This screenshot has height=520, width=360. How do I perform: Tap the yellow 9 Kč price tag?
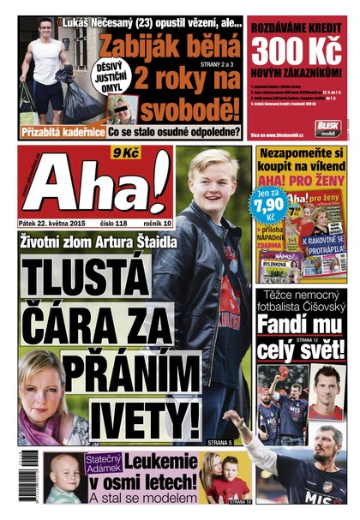click(126, 154)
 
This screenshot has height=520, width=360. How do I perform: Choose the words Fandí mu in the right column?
click(299, 326)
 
